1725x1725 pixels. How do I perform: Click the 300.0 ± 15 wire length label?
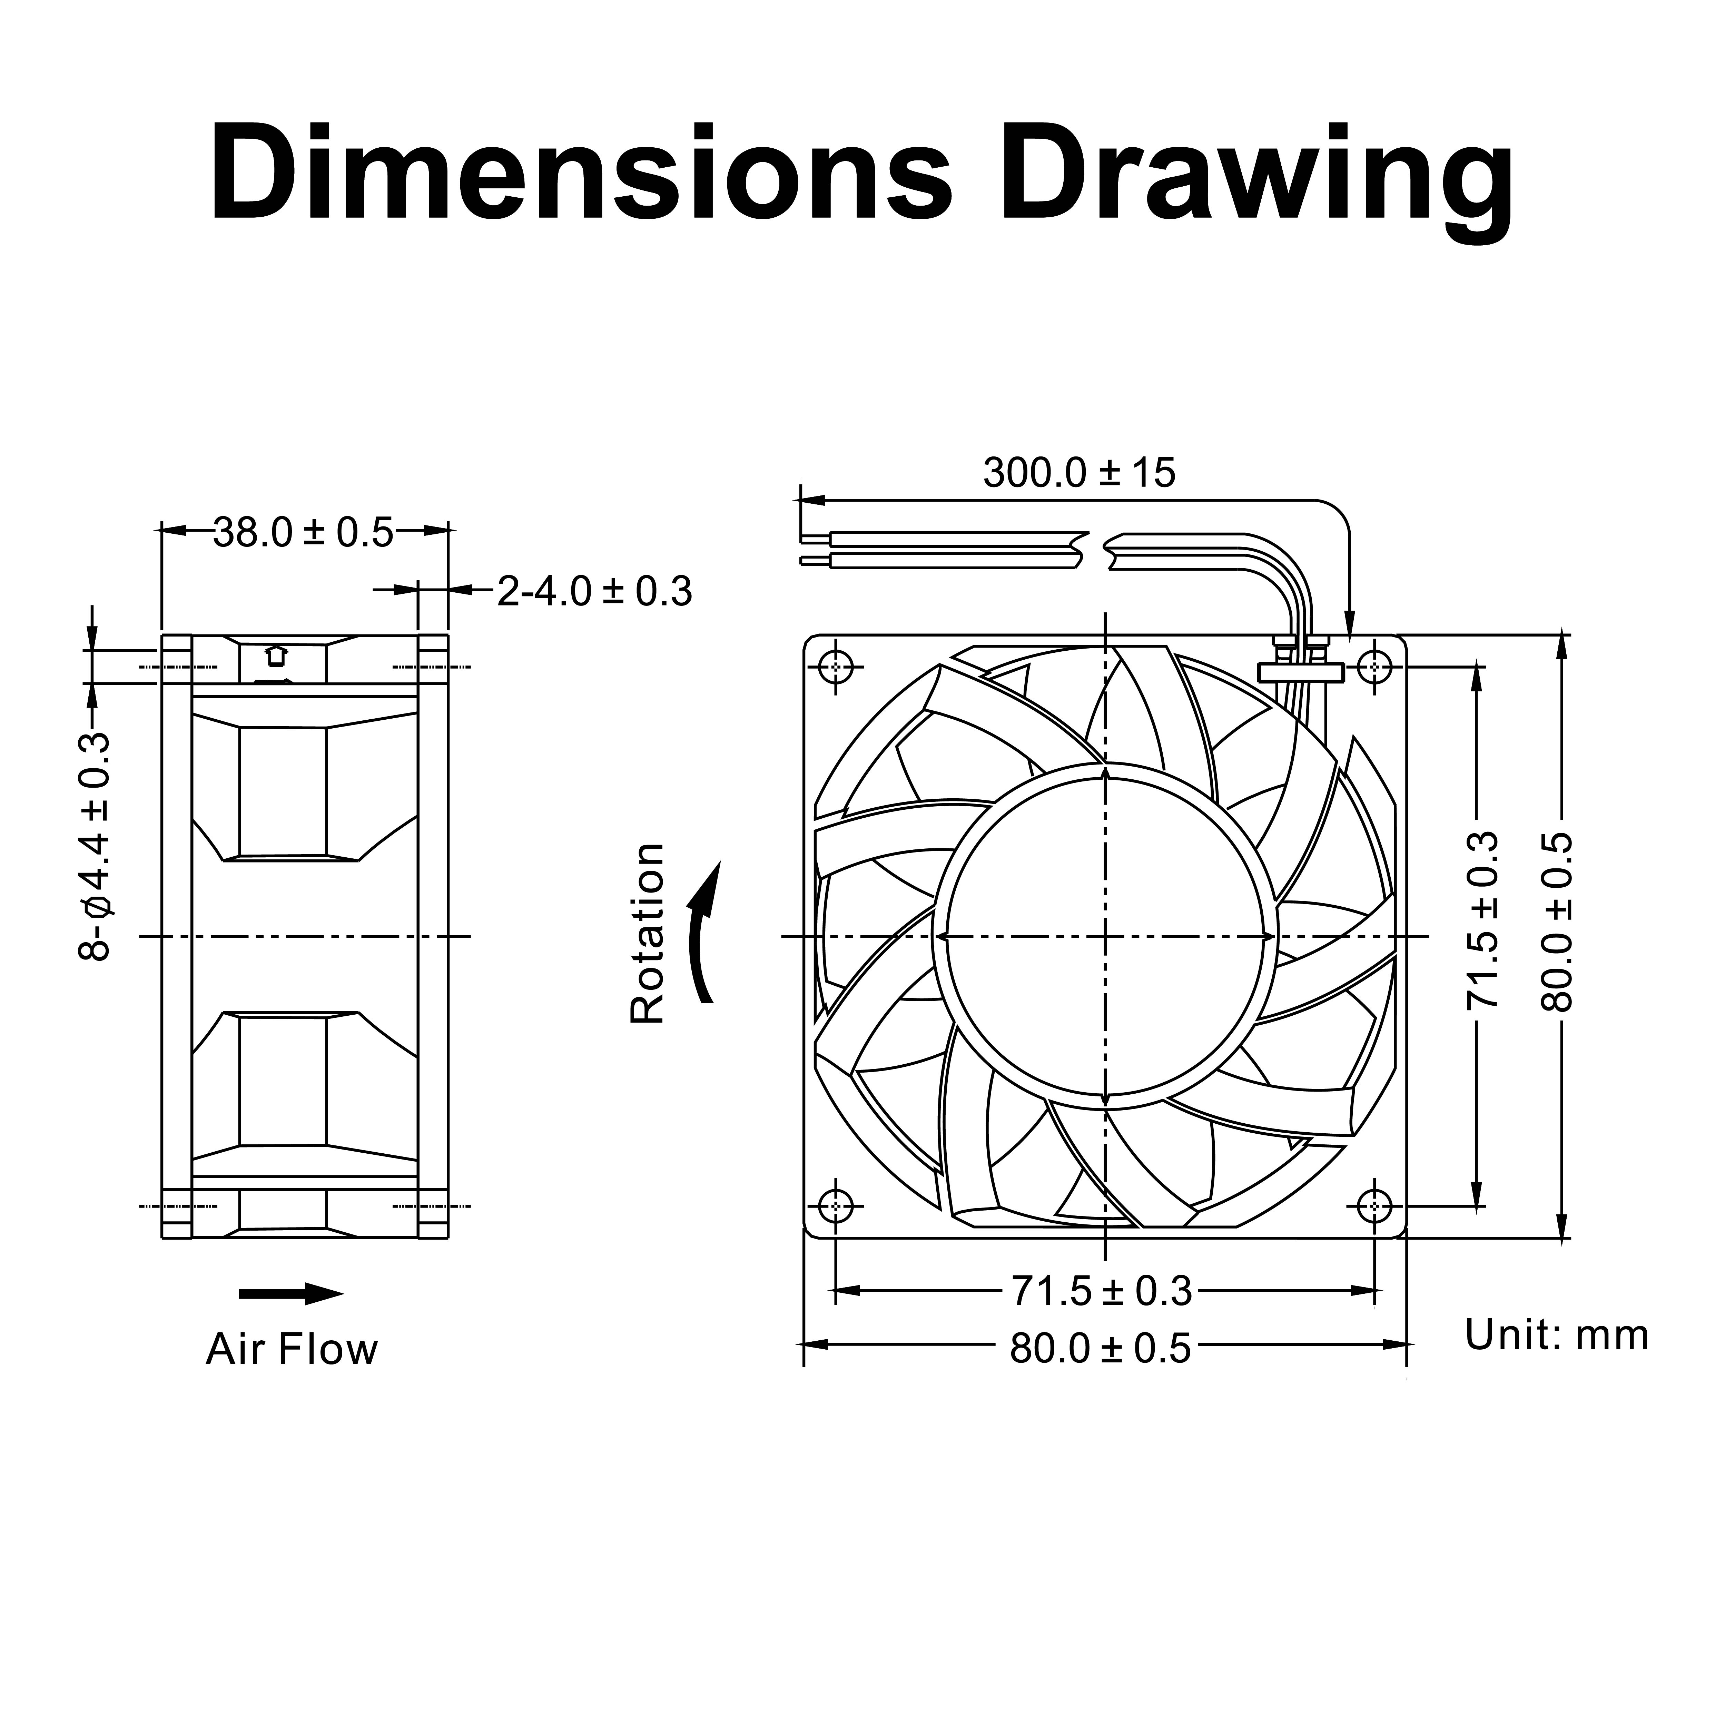click(x=1080, y=473)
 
